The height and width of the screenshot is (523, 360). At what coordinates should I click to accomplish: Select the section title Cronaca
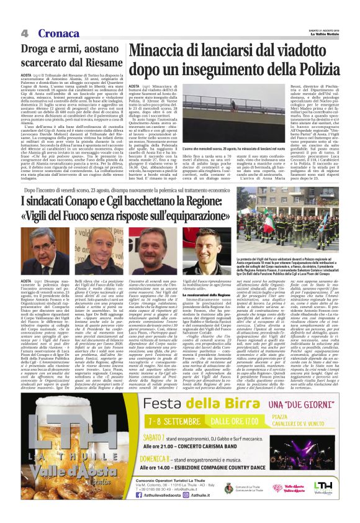pyautogui.click(x=59, y=32)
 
